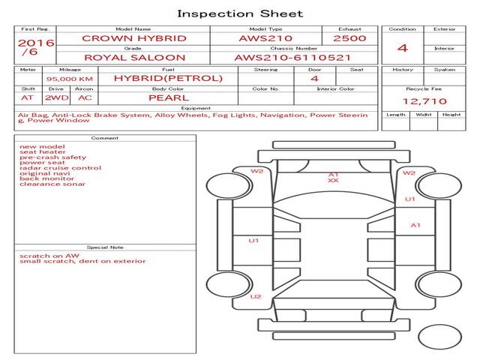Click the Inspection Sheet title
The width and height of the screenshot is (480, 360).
[240, 13]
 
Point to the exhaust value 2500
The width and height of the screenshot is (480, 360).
[349, 38]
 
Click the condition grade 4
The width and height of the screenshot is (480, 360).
[403, 48]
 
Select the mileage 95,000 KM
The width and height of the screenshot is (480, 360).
[69, 79]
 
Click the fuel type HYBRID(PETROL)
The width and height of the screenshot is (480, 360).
[168, 78]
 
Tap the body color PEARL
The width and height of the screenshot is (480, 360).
[168, 97]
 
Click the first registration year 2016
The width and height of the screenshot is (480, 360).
[35, 43]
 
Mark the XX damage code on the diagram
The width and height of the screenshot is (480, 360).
[333, 181]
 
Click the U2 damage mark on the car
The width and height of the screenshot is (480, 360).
[256, 296]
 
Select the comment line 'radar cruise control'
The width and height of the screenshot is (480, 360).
[61, 168]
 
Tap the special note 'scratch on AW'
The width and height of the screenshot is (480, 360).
[49, 256]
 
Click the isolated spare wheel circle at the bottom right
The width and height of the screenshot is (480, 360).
[439, 337]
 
